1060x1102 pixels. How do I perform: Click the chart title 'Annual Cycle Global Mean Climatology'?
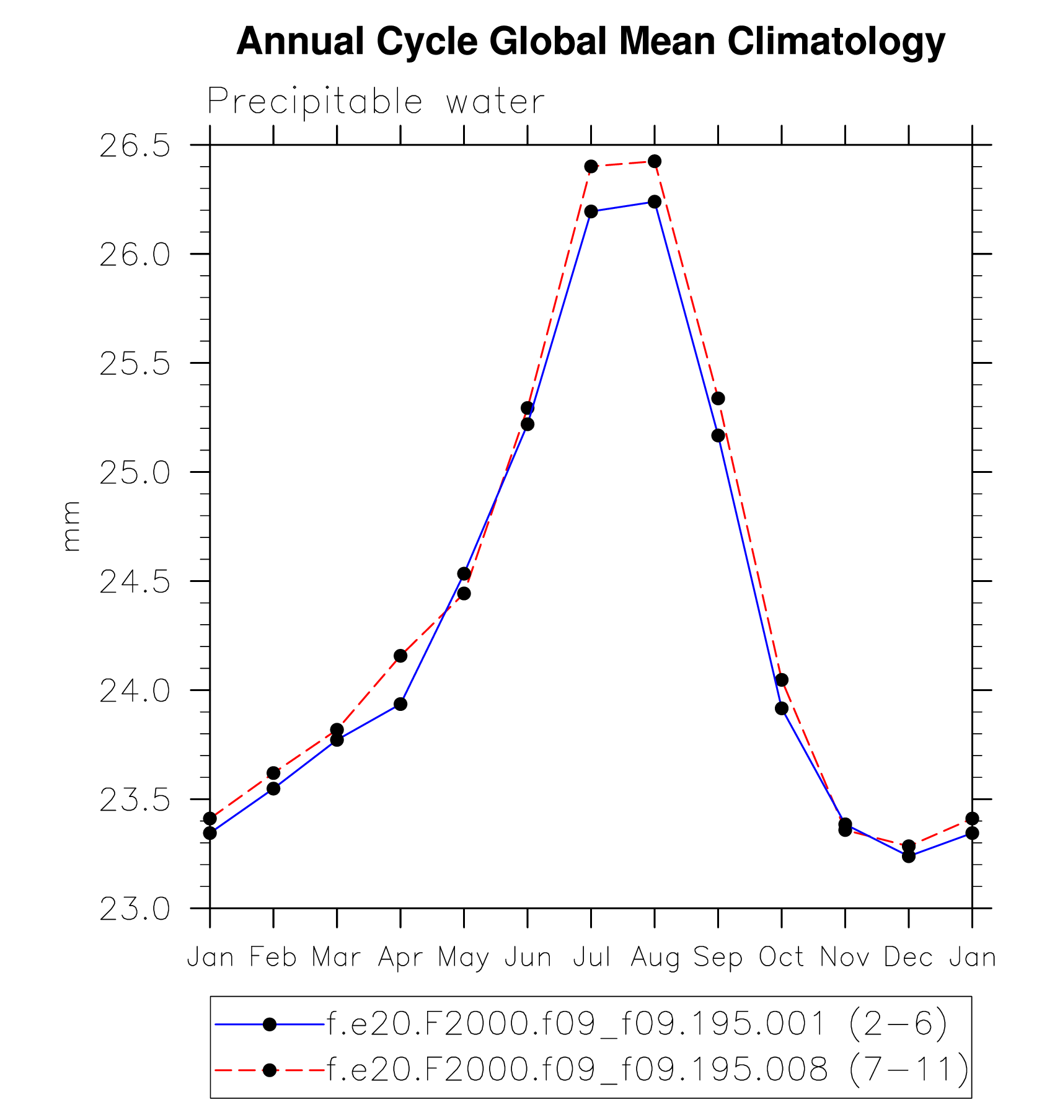[591, 42]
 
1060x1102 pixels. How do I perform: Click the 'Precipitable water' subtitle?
[376, 102]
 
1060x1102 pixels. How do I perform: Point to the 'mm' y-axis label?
[71, 526]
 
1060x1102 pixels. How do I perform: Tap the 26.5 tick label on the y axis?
[135, 146]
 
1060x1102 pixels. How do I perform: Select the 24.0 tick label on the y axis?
[135, 691]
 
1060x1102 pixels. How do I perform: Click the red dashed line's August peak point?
[655, 162]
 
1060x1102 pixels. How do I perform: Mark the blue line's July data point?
[591, 212]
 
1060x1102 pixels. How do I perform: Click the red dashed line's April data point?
[400, 656]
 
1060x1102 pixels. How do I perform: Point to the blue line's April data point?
[400, 704]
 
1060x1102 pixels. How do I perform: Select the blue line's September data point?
[718, 436]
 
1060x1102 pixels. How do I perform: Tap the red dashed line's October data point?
[782, 680]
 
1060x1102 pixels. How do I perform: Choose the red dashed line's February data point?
[273, 773]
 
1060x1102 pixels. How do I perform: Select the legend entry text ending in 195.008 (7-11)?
[647, 1069]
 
